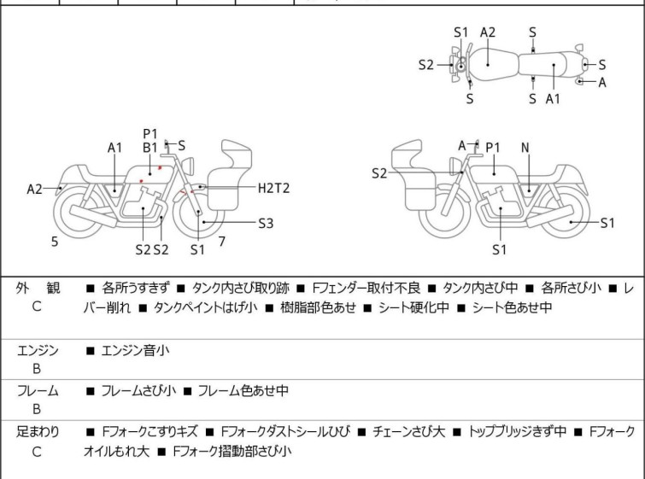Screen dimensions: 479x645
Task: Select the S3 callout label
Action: coord(265,224)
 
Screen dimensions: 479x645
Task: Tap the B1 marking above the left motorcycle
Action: coord(150,147)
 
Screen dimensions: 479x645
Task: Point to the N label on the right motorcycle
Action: coord(525,148)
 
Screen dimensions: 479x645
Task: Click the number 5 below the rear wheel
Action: coord(55,242)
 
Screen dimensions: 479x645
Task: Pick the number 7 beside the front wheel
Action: coord(221,242)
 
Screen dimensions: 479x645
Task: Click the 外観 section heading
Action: coord(38,289)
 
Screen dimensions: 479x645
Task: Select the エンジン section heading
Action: coord(38,349)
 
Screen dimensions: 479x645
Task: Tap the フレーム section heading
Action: coord(38,391)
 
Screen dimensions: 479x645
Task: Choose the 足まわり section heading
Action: coord(38,432)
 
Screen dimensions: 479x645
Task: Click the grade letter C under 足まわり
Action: coord(37,452)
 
